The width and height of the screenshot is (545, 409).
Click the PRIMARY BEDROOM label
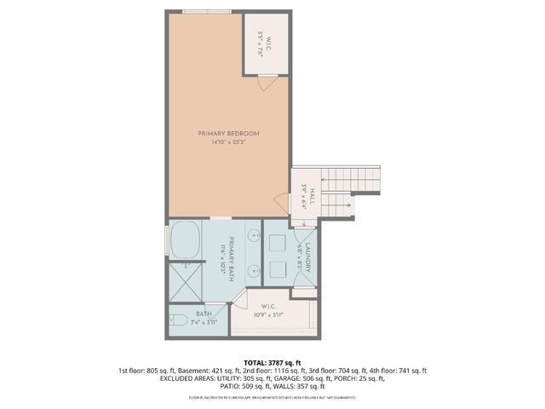click(x=228, y=134)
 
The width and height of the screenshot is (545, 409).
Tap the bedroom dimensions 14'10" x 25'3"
click(x=228, y=142)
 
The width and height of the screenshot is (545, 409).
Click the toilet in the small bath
click(x=179, y=322)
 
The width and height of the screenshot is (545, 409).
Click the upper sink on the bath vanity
click(x=253, y=237)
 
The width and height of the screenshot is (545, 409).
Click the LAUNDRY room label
click(x=311, y=256)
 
